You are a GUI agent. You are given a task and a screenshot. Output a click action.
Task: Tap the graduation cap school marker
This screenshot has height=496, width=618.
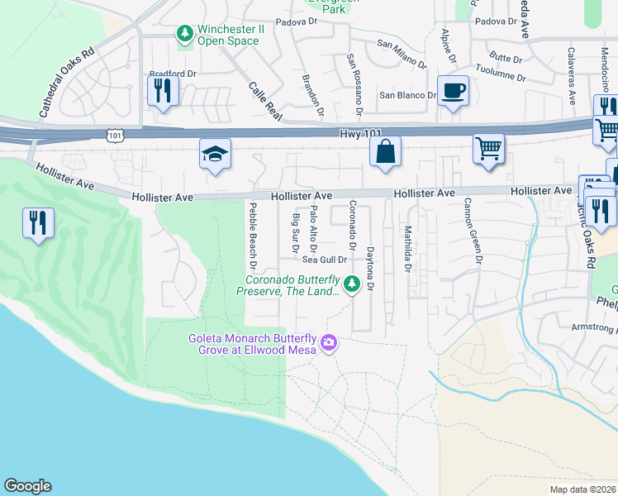(215, 154)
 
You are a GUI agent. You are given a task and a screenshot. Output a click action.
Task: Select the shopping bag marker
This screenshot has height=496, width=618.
(385, 151)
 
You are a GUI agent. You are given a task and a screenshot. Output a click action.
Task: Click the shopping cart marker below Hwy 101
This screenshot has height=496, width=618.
(488, 150)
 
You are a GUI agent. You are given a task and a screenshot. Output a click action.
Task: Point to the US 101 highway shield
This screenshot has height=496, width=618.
(114, 133)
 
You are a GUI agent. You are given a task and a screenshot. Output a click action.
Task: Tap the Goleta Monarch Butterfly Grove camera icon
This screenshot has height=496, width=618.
(329, 342)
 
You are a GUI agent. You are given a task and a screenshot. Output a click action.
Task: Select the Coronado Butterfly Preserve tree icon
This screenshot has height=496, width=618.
(352, 284)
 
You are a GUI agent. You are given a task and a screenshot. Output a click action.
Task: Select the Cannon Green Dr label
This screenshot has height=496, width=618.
(473, 231)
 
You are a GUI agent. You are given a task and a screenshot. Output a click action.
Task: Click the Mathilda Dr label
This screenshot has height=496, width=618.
(406, 249)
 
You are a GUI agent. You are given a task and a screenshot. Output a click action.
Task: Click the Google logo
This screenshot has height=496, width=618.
(27, 486)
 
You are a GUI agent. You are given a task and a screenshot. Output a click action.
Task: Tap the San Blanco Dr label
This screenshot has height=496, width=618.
(407, 95)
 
